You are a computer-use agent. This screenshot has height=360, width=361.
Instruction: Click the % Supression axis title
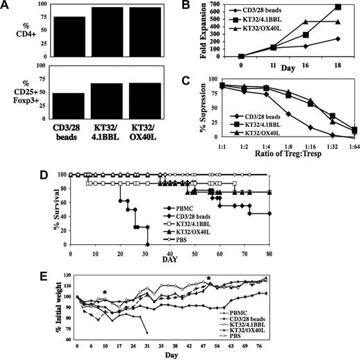181,110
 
